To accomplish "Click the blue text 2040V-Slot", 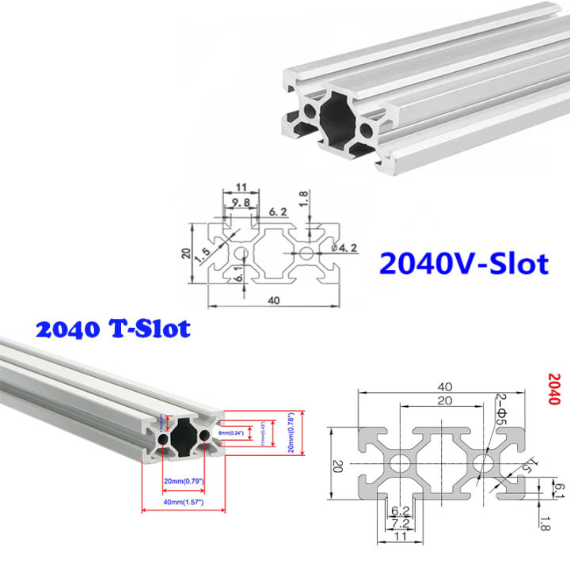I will coord(463,261).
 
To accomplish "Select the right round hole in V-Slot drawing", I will coord(306,252).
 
